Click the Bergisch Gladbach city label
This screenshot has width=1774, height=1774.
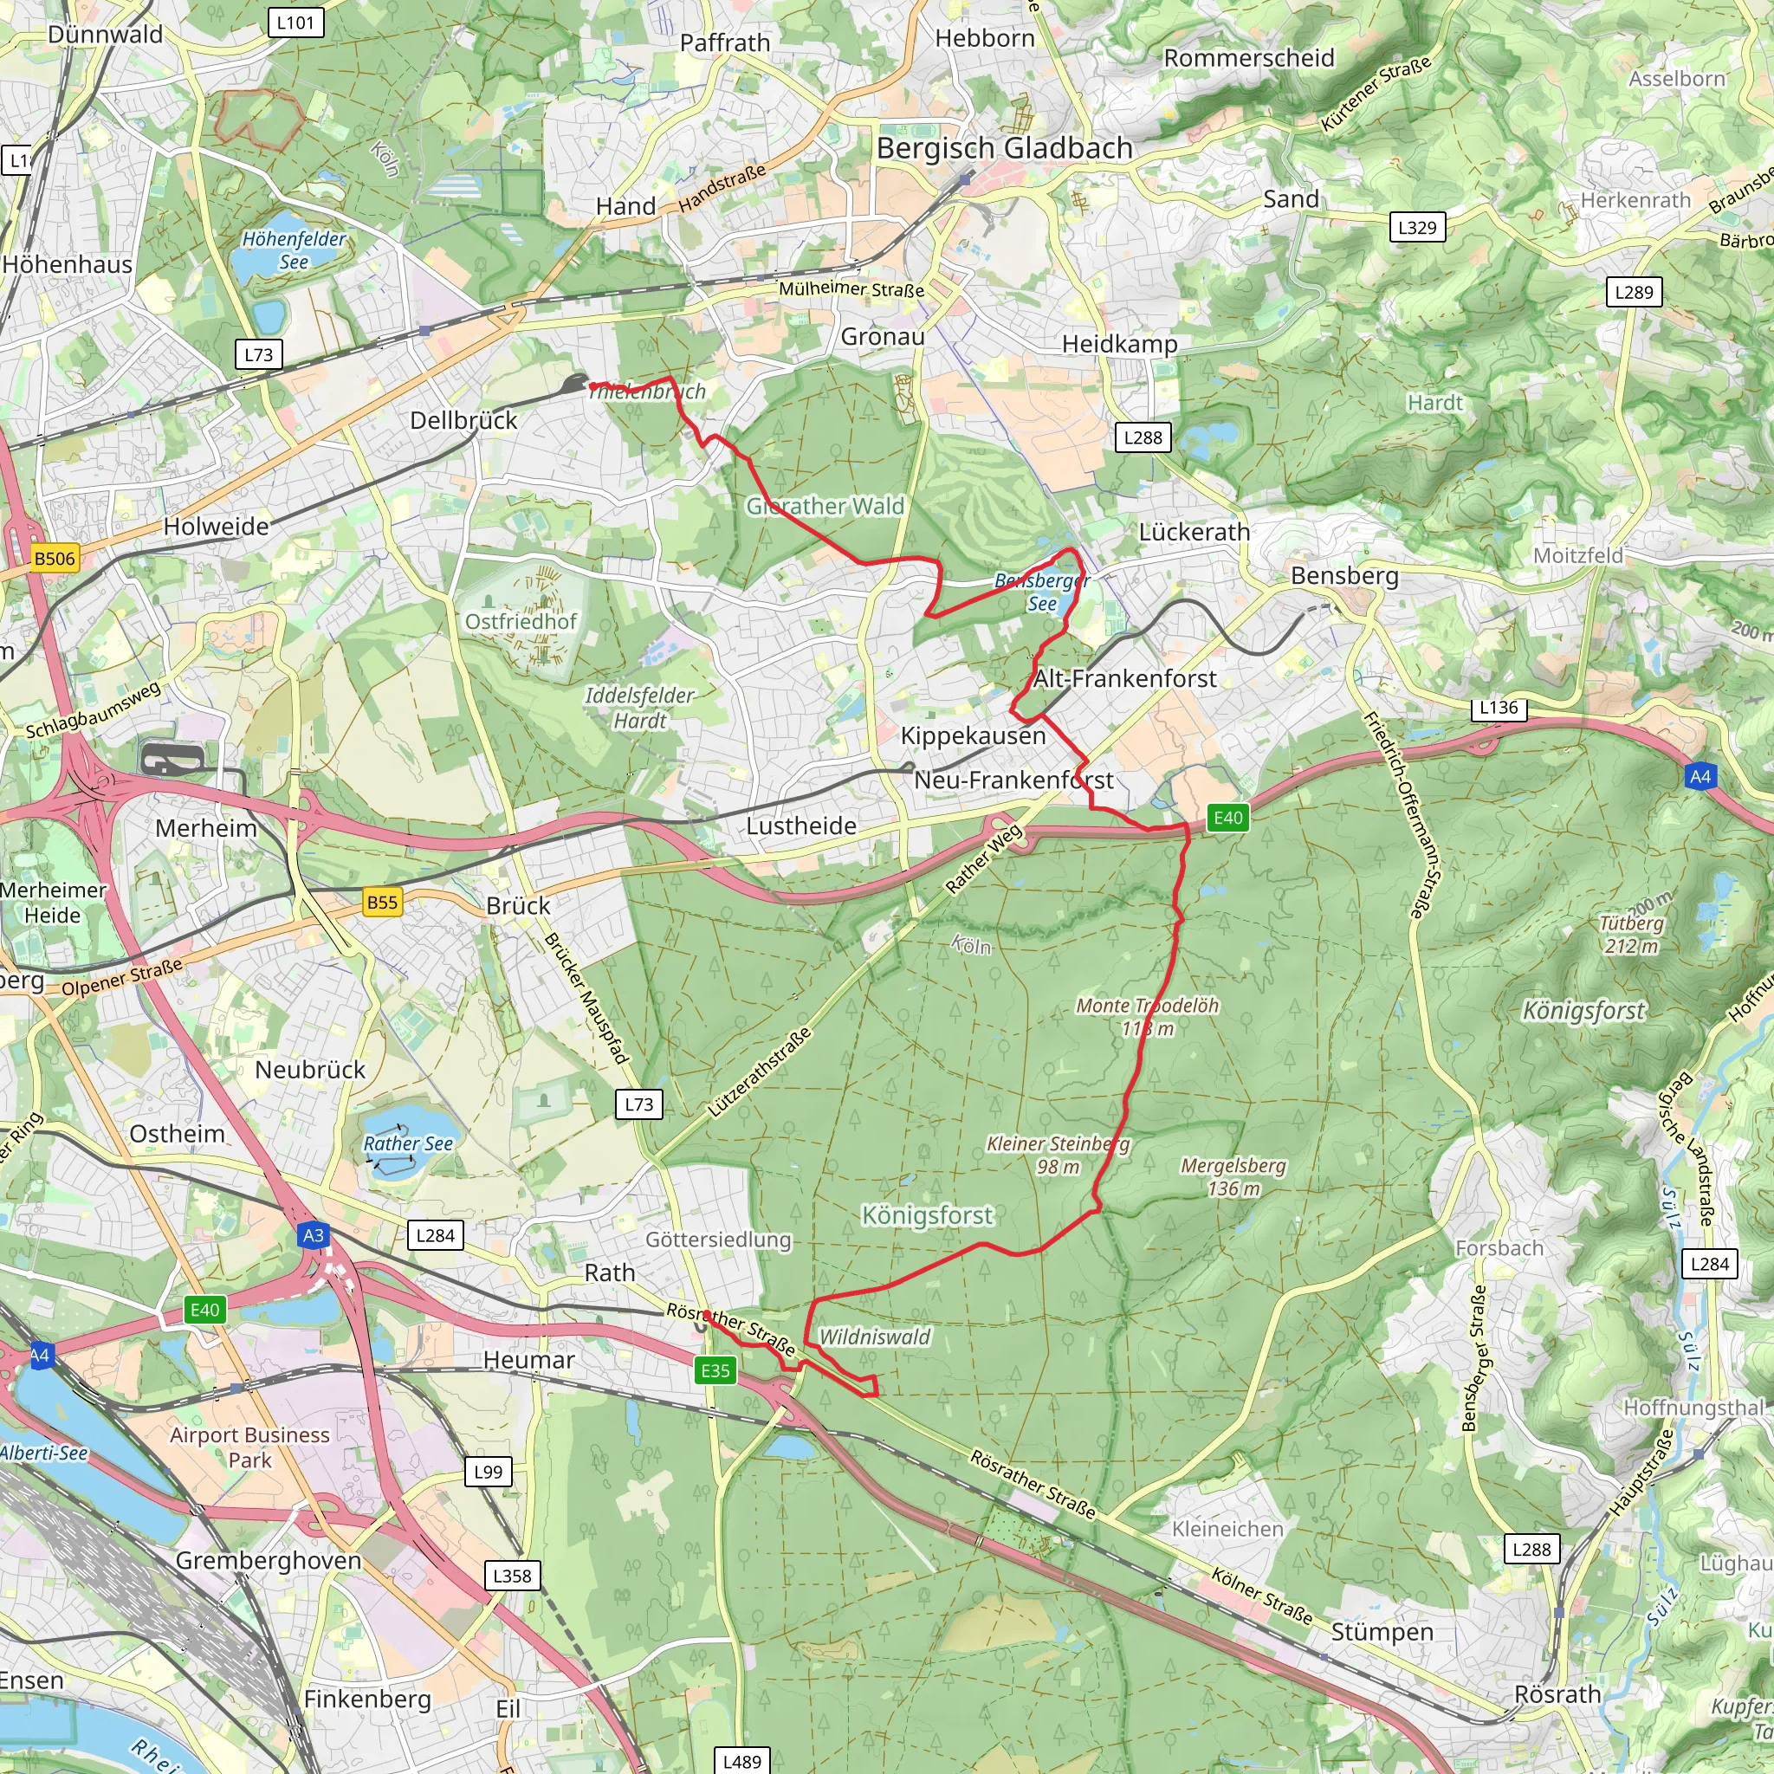[x=1005, y=148]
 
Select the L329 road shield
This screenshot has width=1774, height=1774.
[x=1417, y=227]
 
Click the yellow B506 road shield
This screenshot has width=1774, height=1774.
[x=55, y=559]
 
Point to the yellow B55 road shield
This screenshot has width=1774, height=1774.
[x=382, y=902]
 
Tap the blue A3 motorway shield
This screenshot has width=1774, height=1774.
[x=313, y=1235]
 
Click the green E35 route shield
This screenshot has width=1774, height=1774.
[x=715, y=1371]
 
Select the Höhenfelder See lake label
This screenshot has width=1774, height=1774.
[x=294, y=249]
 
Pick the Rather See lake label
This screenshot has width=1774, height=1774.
[x=408, y=1143]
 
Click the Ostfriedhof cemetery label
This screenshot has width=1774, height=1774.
[x=521, y=622]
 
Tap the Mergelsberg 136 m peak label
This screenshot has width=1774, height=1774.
[x=1233, y=1176]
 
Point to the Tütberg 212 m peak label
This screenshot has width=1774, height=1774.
[x=1632, y=934]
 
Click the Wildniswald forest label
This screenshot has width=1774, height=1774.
[x=874, y=1337]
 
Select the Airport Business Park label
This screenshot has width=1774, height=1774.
[x=249, y=1447]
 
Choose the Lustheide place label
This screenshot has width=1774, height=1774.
[x=800, y=825]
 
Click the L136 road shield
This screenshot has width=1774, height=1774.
[x=1499, y=708]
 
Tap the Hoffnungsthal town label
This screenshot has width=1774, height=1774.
[x=1694, y=1408]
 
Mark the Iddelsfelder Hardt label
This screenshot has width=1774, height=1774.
[x=640, y=708]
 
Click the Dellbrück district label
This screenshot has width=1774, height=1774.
[x=463, y=420]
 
